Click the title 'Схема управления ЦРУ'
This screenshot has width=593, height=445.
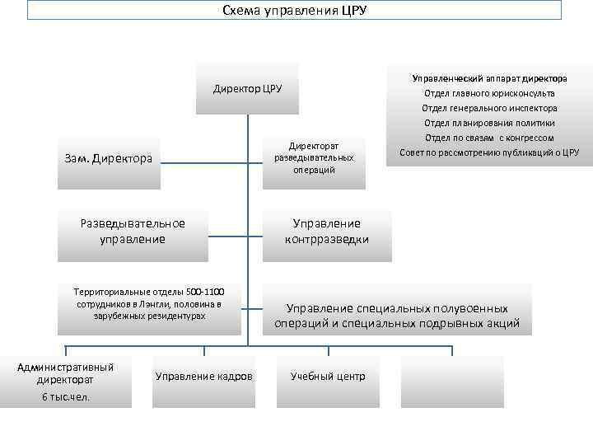[294, 11]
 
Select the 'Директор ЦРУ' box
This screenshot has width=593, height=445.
[247, 88]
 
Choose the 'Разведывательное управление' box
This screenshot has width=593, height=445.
[133, 232]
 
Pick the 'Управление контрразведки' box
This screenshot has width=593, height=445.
[327, 232]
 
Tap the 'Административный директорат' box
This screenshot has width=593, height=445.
[66, 380]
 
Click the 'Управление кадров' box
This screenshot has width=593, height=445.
[204, 377]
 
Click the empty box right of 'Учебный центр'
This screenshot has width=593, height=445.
[452, 381]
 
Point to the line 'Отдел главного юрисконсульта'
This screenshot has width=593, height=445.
[489, 93]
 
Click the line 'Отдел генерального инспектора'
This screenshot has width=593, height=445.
[489, 108]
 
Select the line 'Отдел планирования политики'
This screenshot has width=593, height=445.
[489, 123]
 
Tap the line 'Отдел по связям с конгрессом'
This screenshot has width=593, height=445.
[489, 138]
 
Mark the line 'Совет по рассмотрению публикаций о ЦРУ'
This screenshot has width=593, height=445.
[489, 152]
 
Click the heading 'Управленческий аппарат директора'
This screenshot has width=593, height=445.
[489, 78]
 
